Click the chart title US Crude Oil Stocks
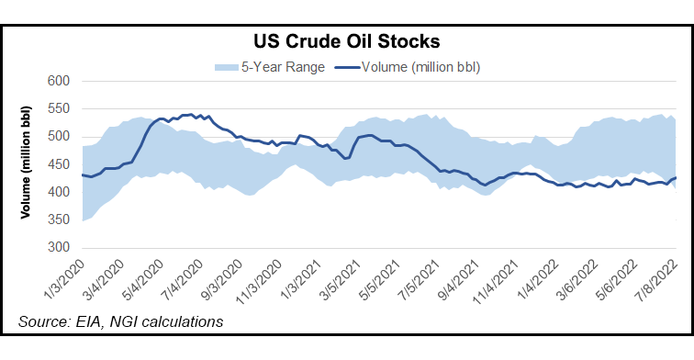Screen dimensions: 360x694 coord(346,42)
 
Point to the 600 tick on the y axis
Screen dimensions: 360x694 coord(60,82)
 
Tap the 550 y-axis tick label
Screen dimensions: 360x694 coord(60,109)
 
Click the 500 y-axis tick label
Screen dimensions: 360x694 coord(60,137)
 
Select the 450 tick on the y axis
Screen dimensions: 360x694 coord(60,164)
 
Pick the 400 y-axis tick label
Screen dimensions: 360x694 coord(60,193)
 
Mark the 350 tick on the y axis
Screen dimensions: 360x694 coord(60,220)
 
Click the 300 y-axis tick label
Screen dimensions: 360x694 coord(60,248)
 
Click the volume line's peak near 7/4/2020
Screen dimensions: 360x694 coord(189,115)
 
